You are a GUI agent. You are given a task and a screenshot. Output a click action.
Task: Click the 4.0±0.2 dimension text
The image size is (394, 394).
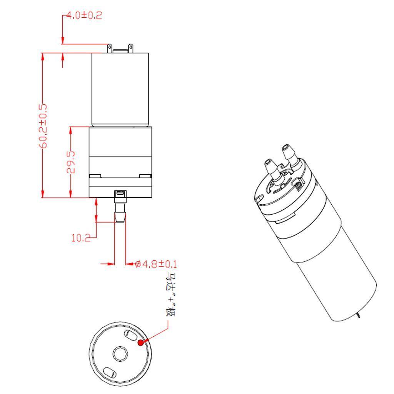84,16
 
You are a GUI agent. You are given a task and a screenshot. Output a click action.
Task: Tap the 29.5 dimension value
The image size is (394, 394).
71,162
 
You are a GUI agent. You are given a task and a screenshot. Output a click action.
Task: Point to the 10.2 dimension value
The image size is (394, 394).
80,238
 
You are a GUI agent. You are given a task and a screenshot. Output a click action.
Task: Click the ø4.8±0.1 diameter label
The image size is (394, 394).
156,264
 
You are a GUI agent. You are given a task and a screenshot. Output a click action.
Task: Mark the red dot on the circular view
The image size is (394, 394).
141,342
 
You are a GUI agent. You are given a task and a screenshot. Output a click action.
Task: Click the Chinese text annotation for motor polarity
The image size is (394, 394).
170,295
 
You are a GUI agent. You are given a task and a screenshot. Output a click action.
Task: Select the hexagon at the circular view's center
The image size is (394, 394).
120,353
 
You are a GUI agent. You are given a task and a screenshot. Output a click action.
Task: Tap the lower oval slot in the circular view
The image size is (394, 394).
110,372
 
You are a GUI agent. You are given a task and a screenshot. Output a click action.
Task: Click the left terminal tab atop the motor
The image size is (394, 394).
110,48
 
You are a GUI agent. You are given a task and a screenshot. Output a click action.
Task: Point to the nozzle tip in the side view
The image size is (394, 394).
120,218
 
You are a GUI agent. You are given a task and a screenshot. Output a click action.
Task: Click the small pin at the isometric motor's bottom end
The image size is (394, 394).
359,316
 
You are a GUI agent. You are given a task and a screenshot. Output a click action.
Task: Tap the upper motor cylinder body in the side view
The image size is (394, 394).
120,88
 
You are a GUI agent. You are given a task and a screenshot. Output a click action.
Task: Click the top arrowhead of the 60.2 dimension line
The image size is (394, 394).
43,56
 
